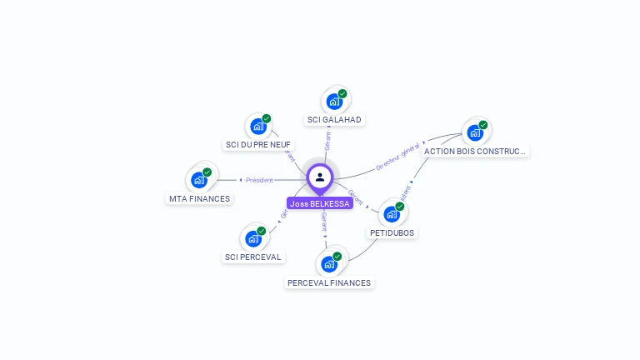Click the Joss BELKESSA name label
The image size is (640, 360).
click(320, 203)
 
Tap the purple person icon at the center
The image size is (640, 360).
click(320, 177)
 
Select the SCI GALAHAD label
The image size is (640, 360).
click(334, 119)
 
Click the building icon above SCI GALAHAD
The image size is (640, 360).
click(335, 102)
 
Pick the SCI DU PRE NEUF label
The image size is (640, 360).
click(258, 144)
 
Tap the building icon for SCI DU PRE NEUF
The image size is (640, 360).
click(258, 127)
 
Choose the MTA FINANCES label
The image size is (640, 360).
click(200, 198)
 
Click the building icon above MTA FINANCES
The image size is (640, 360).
click(199, 180)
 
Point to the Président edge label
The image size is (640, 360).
click(258, 180)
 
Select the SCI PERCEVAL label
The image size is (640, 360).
click(253, 257)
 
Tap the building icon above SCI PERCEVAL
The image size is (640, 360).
click(253, 238)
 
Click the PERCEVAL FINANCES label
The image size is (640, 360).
click(329, 282)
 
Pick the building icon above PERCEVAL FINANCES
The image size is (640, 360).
click(329, 264)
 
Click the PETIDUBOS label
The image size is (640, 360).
click(392, 232)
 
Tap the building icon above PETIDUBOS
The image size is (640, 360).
click(392, 214)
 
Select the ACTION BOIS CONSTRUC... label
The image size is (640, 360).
click(475, 151)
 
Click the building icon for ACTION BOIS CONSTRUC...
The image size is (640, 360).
click(475, 132)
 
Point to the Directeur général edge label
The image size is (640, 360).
click(398, 157)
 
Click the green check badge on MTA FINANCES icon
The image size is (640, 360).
click(207, 172)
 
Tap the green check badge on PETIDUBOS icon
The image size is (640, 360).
click(399, 207)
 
